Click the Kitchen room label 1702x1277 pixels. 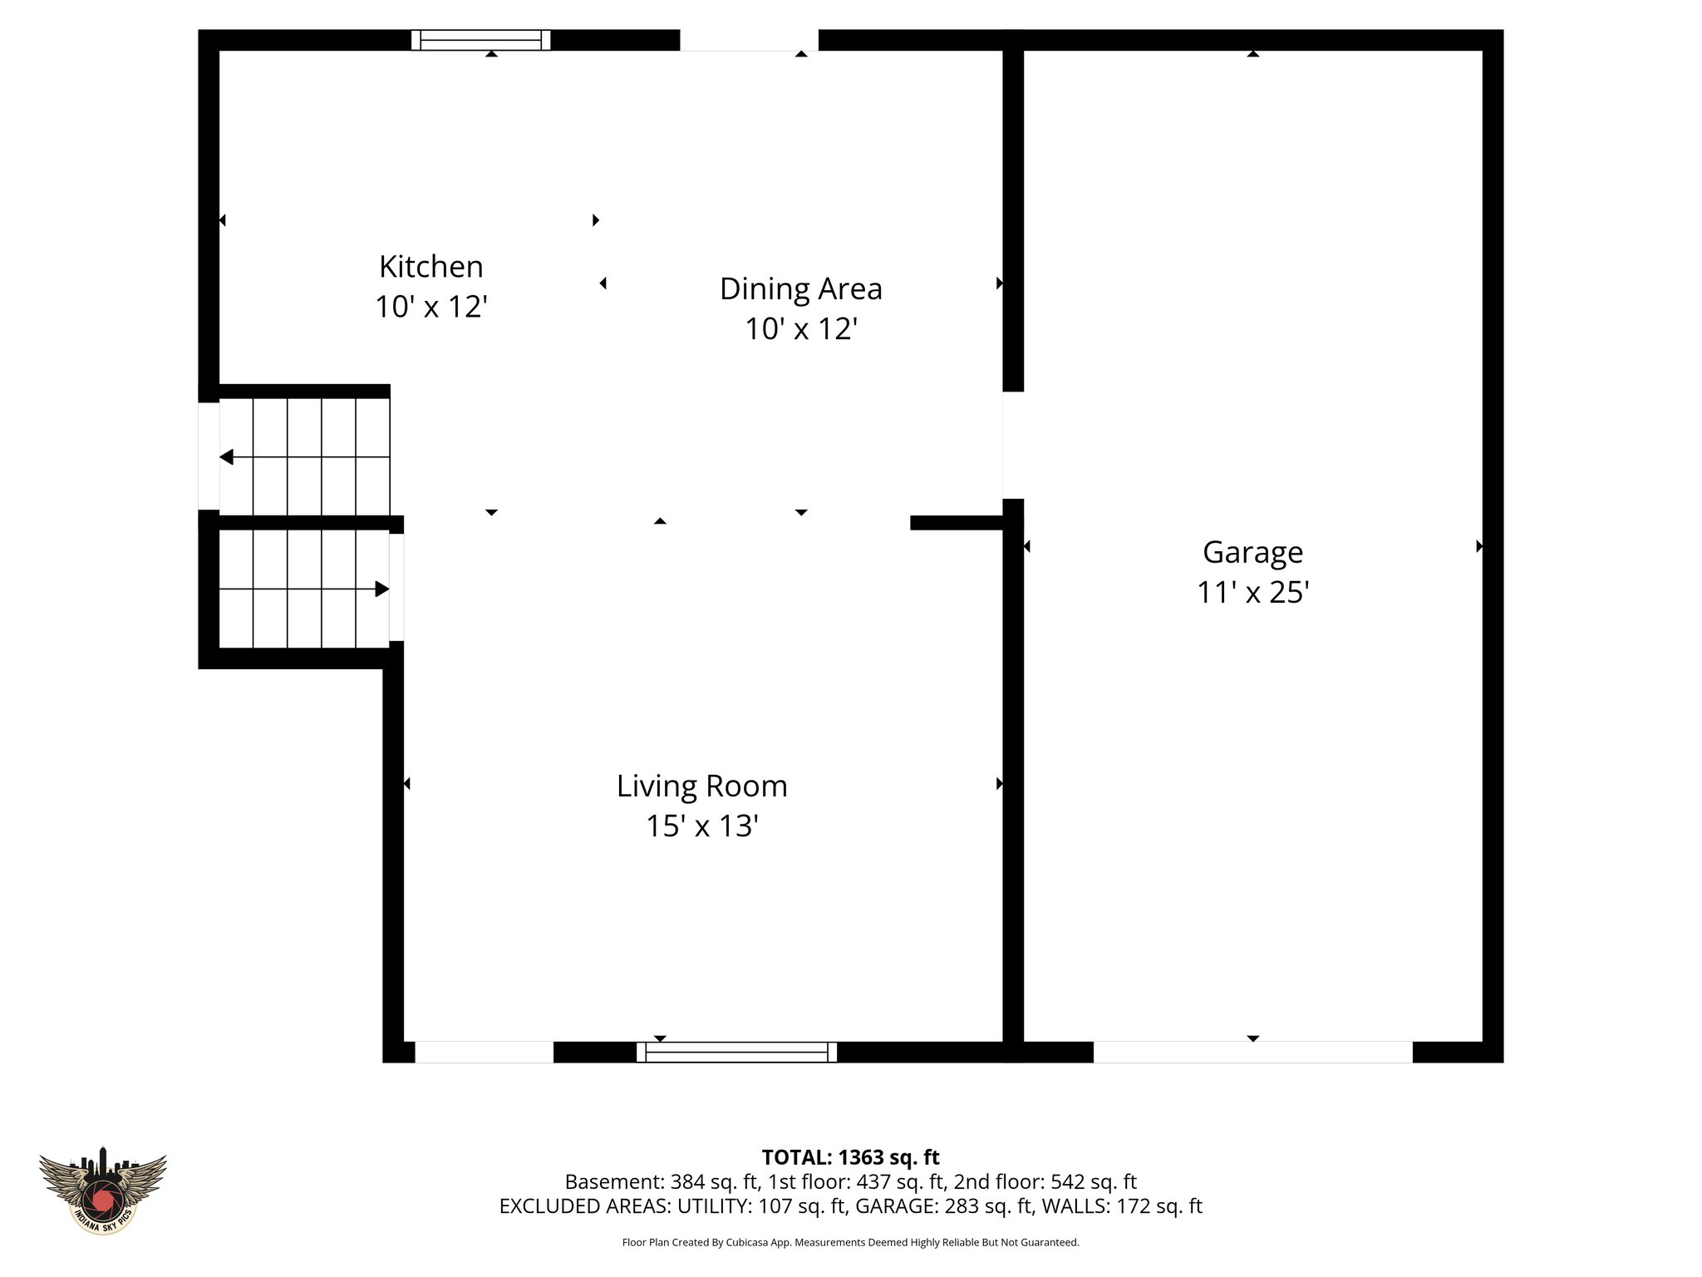pos(430,267)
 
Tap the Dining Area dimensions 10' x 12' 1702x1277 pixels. pos(800,329)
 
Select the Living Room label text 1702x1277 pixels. pos(701,786)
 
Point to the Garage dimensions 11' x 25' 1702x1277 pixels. pos(1252,593)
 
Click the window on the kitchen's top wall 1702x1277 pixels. pos(481,40)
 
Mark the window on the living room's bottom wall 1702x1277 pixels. pos(736,1052)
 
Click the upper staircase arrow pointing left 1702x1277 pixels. pos(227,457)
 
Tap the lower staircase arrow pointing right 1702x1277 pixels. pos(381,589)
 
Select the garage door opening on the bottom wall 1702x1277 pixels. pos(1252,1052)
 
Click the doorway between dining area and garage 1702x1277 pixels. pos(1012,445)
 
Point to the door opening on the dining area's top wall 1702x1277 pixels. pos(749,40)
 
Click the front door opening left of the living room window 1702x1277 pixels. pos(484,1052)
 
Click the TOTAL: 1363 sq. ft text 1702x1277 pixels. pos(850,1157)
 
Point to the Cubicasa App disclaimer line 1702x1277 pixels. pos(850,1243)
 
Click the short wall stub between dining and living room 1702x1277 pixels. pos(957,522)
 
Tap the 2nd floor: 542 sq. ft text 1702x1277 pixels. pos(1045,1181)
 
